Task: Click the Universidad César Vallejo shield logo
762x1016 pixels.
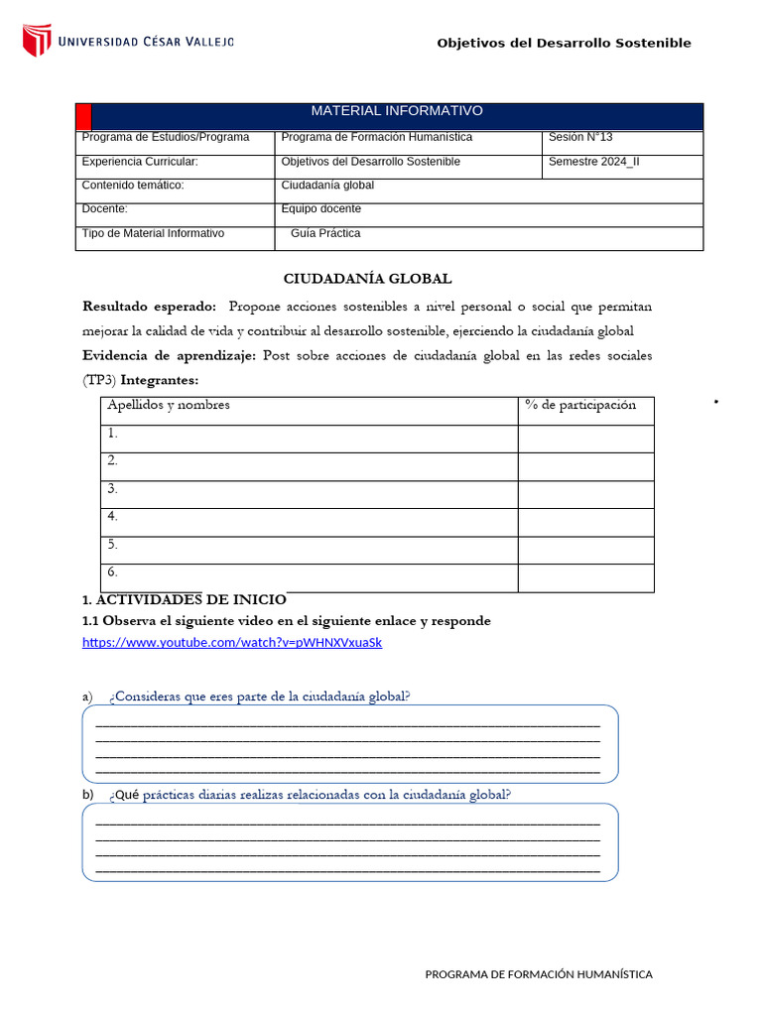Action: click(x=37, y=41)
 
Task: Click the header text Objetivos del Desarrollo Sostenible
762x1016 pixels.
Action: click(x=564, y=43)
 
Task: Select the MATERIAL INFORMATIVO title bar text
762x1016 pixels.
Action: click(x=397, y=111)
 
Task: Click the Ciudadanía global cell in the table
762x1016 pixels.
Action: click(x=327, y=186)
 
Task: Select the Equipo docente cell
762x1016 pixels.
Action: click(x=320, y=209)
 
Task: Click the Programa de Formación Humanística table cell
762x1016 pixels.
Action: click(x=377, y=137)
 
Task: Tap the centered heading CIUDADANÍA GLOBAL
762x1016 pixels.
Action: click(x=367, y=279)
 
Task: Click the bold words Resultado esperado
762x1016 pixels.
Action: click(x=149, y=306)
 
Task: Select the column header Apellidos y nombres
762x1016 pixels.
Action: click(x=169, y=405)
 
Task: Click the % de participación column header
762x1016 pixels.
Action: click(x=580, y=405)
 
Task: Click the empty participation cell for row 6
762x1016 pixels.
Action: click(x=585, y=577)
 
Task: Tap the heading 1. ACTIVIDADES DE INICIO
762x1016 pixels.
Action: click(x=184, y=599)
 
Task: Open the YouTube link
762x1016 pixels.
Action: click(x=231, y=643)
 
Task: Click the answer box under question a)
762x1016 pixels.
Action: click(x=349, y=744)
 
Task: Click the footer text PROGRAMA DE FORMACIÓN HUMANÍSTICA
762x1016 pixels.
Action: click(x=539, y=974)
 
